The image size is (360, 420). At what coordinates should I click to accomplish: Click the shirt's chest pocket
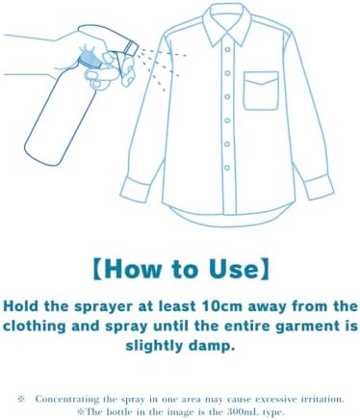tap(261, 91)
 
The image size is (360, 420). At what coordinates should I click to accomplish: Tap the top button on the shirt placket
tap(227, 49)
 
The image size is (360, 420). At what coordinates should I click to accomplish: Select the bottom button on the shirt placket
tap(227, 168)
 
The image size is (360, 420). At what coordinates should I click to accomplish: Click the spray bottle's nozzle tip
tap(132, 48)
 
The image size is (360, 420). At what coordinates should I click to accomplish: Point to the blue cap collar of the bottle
tap(90, 60)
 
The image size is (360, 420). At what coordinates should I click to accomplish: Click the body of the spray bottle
tap(61, 116)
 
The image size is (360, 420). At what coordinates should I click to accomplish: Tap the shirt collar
tap(227, 23)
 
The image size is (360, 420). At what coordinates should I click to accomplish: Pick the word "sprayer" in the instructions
tap(103, 307)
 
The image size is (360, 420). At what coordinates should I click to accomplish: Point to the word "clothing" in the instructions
tap(35, 327)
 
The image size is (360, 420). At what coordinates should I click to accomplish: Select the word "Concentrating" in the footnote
tap(67, 400)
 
